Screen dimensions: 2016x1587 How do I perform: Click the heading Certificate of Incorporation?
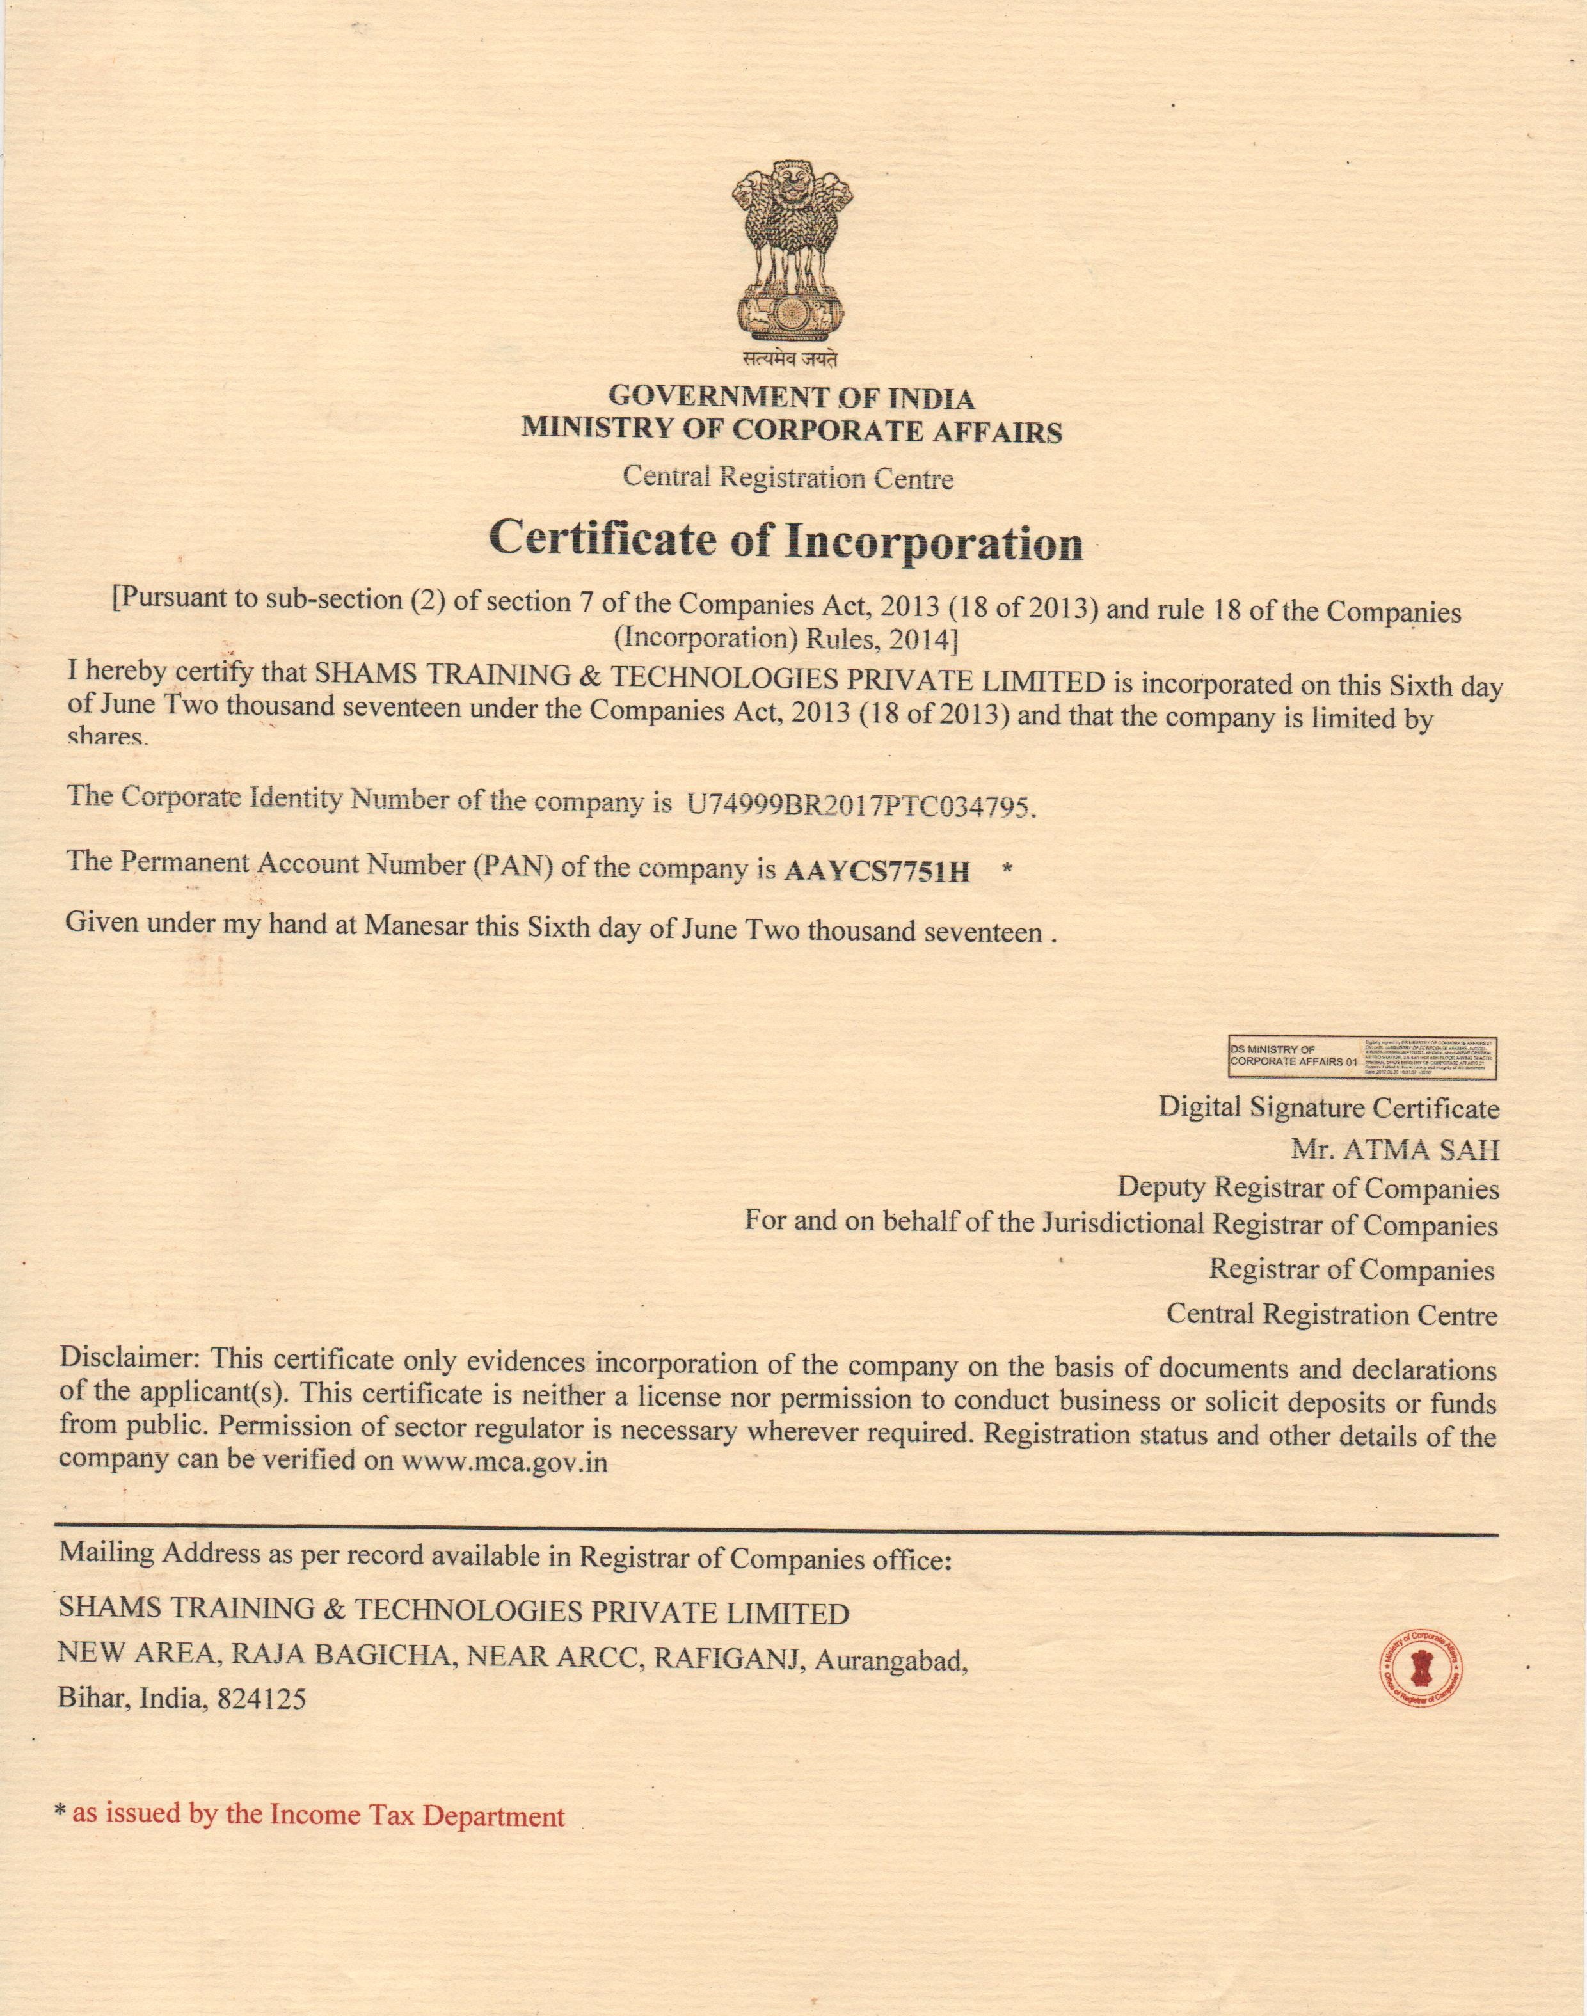tap(786, 541)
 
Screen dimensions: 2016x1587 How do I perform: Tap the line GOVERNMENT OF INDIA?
tap(792, 397)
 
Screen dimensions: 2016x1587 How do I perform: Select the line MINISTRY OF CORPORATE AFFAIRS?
tap(792, 430)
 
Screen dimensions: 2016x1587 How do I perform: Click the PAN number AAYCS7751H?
tap(877, 871)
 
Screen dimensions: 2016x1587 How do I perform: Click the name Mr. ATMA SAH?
tap(1394, 1150)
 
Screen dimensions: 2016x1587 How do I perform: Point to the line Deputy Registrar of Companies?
tap(1308, 1188)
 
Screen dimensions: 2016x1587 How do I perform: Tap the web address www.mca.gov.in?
tap(504, 1461)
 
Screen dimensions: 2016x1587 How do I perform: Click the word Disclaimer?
tap(130, 1357)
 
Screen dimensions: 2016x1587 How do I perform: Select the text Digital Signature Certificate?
tap(1328, 1107)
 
